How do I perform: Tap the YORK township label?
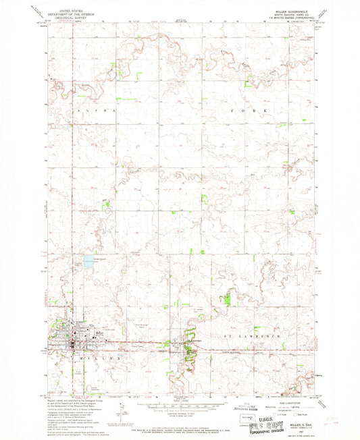pos(256,109)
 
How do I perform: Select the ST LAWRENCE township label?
pos(257,335)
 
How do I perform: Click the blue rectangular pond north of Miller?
pos(88,259)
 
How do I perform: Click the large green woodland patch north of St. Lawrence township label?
pos(228,298)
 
